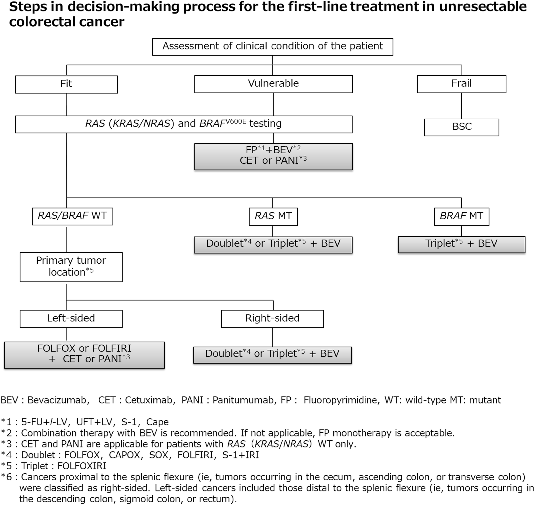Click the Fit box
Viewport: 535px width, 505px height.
66,84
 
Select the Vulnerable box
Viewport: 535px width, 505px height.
273,84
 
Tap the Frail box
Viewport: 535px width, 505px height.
461,84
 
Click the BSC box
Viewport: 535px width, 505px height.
461,127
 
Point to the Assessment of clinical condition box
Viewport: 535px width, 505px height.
272,47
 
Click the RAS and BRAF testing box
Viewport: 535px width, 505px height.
183,124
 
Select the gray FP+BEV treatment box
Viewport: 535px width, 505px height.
273,156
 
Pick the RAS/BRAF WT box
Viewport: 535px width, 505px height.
72,216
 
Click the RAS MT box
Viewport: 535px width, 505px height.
273,216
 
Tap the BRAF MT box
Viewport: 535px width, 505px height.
461,216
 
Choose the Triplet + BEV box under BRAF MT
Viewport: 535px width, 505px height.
461,244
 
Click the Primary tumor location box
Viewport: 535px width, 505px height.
71,267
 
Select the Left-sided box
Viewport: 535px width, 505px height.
71,318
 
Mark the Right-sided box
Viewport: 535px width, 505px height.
272,318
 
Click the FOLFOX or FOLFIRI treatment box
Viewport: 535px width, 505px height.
84,355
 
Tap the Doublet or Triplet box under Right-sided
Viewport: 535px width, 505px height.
272,354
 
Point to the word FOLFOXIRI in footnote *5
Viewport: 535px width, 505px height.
82,466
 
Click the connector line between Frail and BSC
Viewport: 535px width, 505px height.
461,106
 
